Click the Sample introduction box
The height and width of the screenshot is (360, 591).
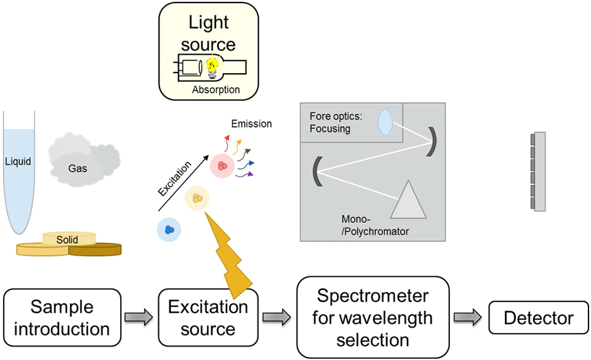[x=62, y=317]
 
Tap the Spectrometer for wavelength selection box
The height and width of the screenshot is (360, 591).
[x=373, y=317]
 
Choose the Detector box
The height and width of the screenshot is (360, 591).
[x=538, y=318]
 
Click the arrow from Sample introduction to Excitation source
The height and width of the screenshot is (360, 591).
[x=137, y=318]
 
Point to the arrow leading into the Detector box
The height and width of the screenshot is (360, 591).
[x=467, y=318]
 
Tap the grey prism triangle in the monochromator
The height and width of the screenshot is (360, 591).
[x=407, y=201]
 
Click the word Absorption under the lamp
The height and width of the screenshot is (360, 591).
[x=215, y=90]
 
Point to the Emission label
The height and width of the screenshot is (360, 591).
[x=251, y=124]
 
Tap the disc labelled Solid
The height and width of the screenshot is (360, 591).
[x=68, y=239]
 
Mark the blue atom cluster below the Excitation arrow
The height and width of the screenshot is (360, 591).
[x=169, y=230]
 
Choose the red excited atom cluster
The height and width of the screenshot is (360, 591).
[x=222, y=166]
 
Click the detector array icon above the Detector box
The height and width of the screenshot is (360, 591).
[x=539, y=172]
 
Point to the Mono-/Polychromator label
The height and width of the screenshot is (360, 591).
[x=375, y=225]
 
